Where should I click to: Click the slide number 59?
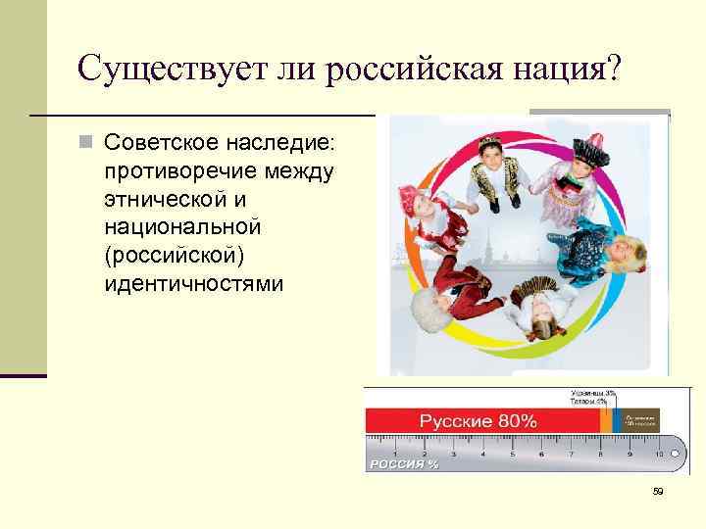pos(658,492)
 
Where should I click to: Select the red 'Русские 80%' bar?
pos(480,421)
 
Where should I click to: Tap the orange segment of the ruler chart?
pos(605,421)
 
